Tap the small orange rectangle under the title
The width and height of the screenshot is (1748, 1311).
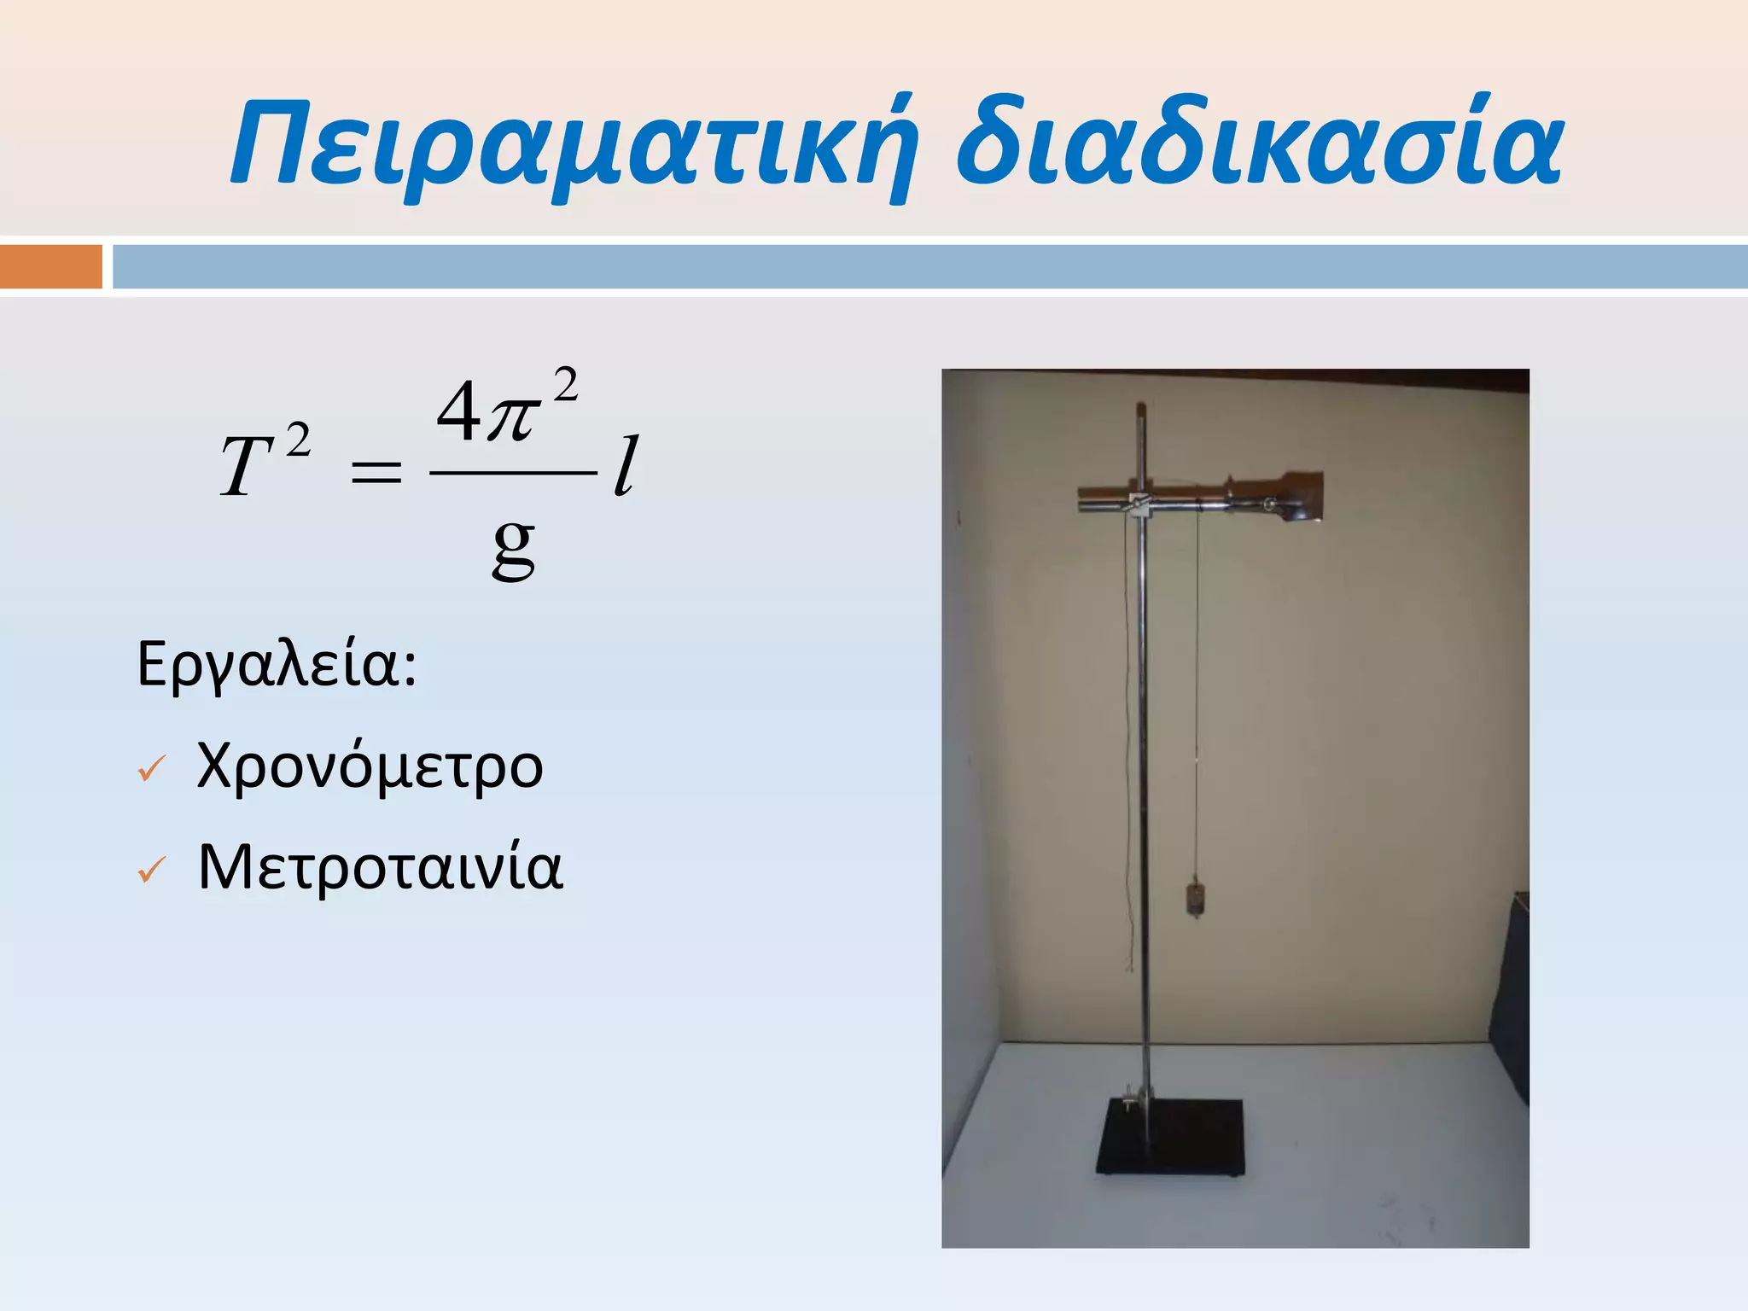click(x=50, y=266)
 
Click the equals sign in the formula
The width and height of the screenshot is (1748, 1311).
click(x=376, y=471)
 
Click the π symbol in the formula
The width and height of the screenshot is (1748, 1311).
click(x=512, y=417)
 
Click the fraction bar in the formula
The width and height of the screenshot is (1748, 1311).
click(x=513, y=472)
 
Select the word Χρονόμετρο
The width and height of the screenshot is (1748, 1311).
click(x=370, y=766)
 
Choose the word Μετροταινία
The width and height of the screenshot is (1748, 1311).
click(x=380, y=867)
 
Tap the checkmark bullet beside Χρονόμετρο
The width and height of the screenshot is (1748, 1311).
click(x=151, y=769)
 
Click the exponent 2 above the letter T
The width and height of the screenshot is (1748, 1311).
click(x=298, y=441)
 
